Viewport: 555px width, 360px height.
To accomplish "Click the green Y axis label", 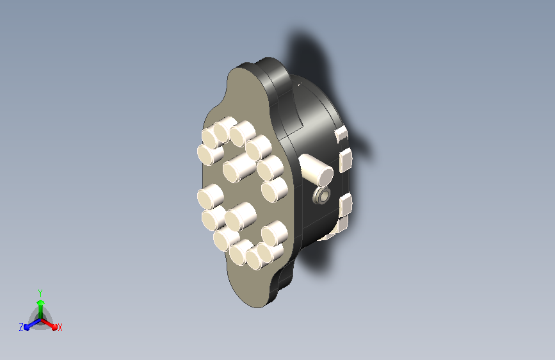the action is [40, 293].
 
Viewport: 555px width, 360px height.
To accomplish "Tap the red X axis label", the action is [60, 328].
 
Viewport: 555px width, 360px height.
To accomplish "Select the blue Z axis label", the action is [21, 327].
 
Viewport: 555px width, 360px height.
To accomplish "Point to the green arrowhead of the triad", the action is [41, 302].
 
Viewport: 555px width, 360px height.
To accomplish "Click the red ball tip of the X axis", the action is [54, 327].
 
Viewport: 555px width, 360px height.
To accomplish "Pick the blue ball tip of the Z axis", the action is [27, 327].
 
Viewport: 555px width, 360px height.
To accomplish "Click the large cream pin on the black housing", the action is [316, 171].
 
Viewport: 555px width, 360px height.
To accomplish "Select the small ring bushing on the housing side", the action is [322, 195].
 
